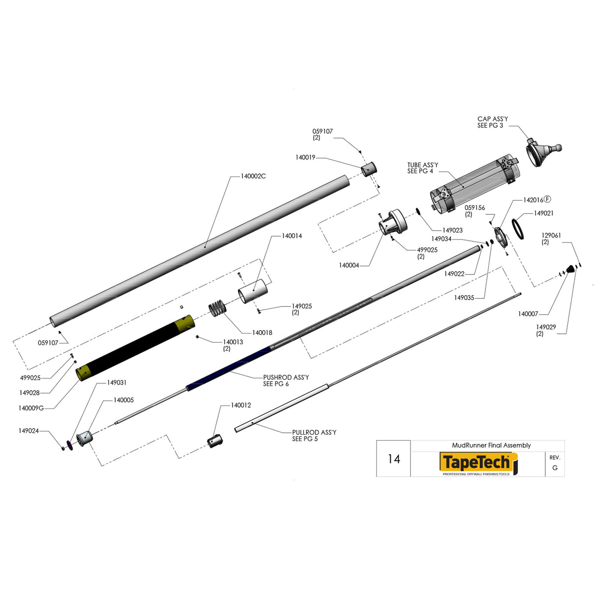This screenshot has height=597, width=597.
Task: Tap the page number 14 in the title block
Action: pyautogui.click(x=393, y=459)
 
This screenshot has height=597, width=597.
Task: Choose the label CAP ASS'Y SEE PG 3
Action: pyautogui.click(x=492, y=122)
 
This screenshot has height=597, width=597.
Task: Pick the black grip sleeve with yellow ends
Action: pyautogui.click(x=135, y=347)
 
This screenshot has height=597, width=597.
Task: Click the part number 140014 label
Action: pyautogui.click(x=292, y=236)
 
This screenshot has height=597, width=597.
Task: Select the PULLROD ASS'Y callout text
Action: pyautogui.click(x=314, y=435)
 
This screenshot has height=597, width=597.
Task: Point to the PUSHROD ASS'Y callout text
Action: pyautogui.click(x=286, y=380)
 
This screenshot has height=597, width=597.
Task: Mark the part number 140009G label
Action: pyautogui.click(x=31, y=408)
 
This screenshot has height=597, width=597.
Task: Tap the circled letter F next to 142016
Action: pyautogui.click(x=547, y=199)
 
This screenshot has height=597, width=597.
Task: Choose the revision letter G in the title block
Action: pyautogui.click(x=555, y=468)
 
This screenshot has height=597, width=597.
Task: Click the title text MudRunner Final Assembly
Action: pyautogui.click(x=491, y=445)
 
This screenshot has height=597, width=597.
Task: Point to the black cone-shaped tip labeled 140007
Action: pyautogui.click(x=570, y=269)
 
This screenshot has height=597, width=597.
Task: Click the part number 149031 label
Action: pyautogui.click(x=117, y=383)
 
